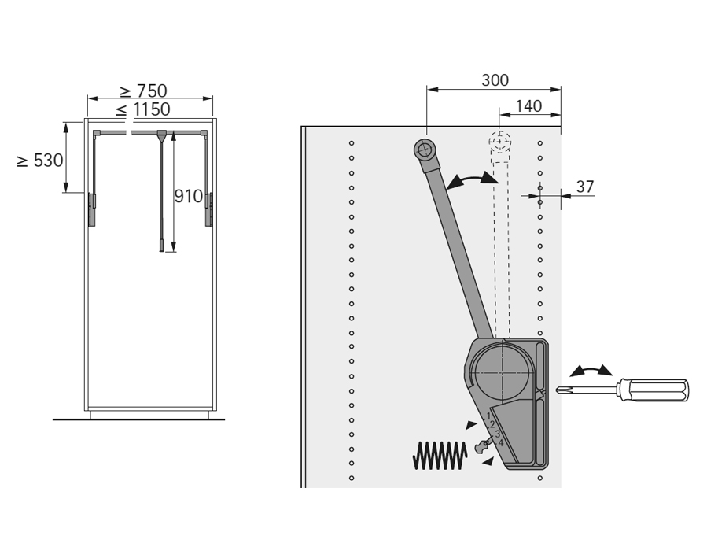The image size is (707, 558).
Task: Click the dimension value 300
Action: click(x=495, y=80)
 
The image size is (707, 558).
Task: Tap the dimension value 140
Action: click(x=528, y=106)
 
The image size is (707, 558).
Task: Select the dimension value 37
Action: click(x=585, y=187)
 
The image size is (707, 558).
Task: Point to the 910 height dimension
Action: click(x=189, y=196)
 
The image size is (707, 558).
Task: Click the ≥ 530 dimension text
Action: click(x=39, y=161)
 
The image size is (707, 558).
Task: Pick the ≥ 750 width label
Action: click(x=144, y=91)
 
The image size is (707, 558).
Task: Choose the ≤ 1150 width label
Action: click(x=142, y=109)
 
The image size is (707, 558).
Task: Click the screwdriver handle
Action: click(x=654, y=390)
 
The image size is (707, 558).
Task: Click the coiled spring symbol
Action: click(x=440, y=455)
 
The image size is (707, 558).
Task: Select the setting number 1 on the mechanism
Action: click(x=488, y=416)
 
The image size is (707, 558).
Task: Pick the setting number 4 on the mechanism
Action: click(x=500, y=443)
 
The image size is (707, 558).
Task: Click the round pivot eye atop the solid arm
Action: click(x=425, y=149)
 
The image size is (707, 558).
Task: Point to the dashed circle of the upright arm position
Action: click(x=499, y=142)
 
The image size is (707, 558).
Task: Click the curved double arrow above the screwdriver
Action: click(x=591, y=371)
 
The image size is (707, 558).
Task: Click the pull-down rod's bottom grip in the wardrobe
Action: click(x=161, y=246)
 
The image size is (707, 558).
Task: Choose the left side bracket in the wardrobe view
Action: click(x=92, y=209)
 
